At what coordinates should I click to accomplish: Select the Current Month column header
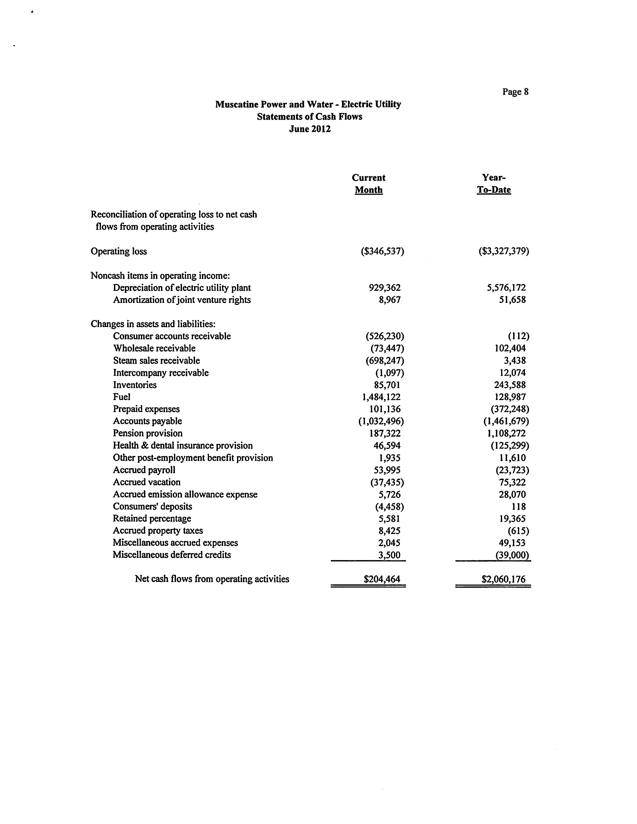(x=368, y=184)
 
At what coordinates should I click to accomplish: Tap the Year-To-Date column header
(x=494, y=184)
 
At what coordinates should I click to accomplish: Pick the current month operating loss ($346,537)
(x=382, y=251)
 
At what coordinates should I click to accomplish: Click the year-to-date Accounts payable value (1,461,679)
(x=506, y=421)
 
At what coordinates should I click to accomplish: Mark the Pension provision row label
(x=148, y=433)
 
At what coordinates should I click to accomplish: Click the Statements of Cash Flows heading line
(x=310, y=117)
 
